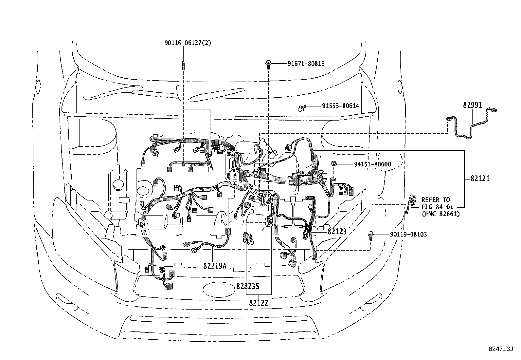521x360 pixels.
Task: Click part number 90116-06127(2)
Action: coord(188,43)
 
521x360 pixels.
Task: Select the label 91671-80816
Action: coord(306,64)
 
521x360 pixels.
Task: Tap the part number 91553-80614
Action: coord(340,106)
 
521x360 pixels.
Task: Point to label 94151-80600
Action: coord(372,164)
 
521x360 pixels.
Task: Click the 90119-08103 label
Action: coord(408,235)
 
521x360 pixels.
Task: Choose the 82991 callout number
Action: coord(473,105)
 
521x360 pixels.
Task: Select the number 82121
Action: coord(480,179)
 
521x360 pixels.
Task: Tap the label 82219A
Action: coord(215,266)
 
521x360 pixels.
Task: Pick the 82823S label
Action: coord(248,286)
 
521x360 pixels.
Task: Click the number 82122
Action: coord(258,303)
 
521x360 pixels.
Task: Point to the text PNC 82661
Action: coord(440,214)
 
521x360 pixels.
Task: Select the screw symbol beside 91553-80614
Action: coord(301,107)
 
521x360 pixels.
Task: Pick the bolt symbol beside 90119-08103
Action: coord(370,235)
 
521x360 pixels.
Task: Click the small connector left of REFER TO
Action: coord(411,202)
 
